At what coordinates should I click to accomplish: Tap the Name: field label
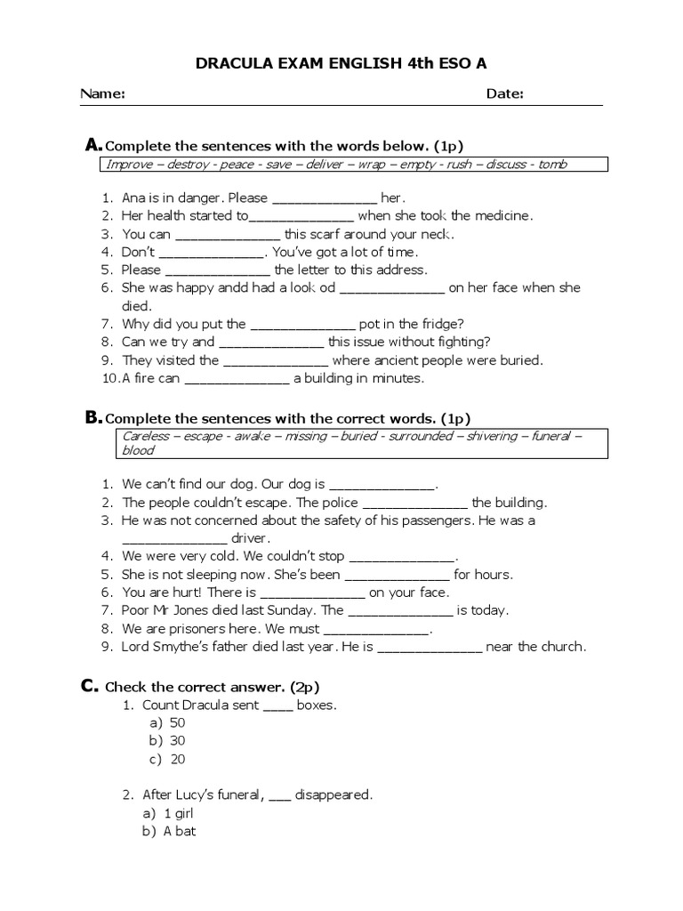102,94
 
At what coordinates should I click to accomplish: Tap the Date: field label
504,94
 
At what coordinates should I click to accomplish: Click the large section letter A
92,145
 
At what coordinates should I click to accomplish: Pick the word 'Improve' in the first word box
130,165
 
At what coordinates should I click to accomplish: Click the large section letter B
92,417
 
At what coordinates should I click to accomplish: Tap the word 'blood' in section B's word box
138,450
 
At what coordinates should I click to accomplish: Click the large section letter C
89,686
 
